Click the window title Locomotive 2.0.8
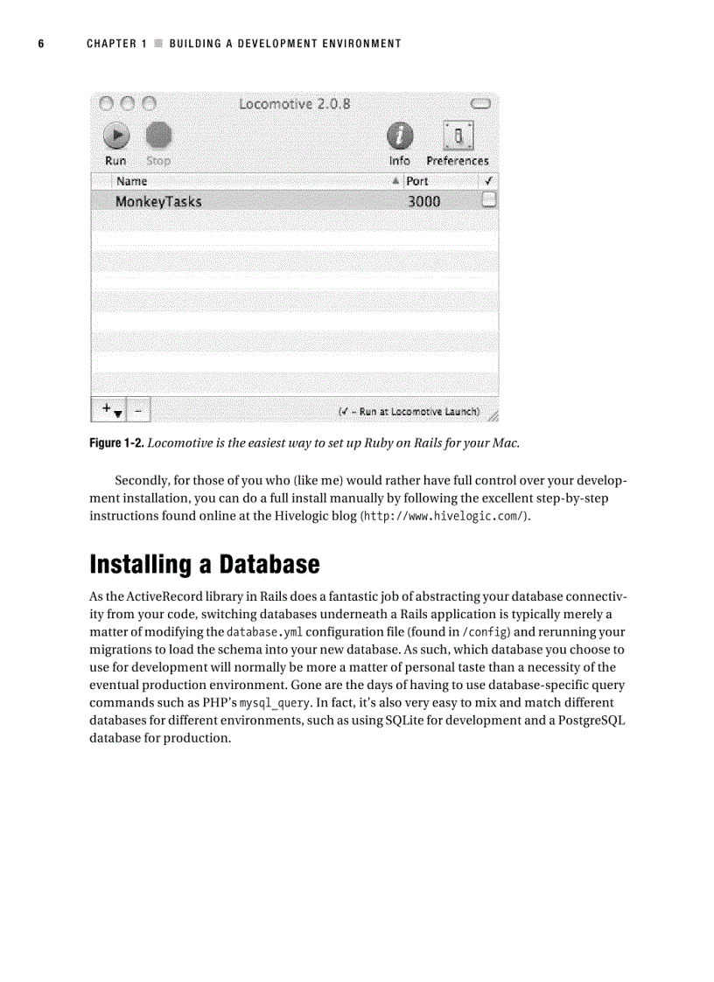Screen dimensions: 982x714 [295, 103]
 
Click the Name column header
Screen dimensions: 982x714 [132, 181]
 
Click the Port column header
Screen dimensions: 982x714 [417, 181]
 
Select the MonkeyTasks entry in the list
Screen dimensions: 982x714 [158, 201]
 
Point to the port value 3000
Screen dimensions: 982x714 [424, 201]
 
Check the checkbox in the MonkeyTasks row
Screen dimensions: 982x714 [489, 200]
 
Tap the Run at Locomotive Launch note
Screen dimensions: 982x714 [409, 411]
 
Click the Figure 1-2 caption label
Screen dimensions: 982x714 [116, 442]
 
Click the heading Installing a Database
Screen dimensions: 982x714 [205, 564]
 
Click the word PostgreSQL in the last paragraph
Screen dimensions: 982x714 [586, 721]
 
